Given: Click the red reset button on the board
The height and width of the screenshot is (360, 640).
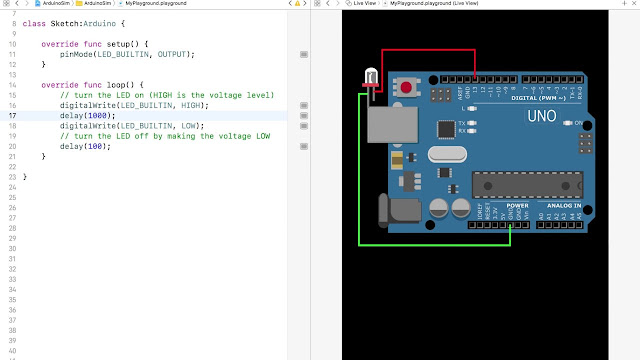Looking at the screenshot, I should point(407,89).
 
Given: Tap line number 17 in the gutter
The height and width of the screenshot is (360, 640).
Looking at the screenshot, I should point(12,116).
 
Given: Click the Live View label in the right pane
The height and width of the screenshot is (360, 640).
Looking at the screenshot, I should point(364,4).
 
